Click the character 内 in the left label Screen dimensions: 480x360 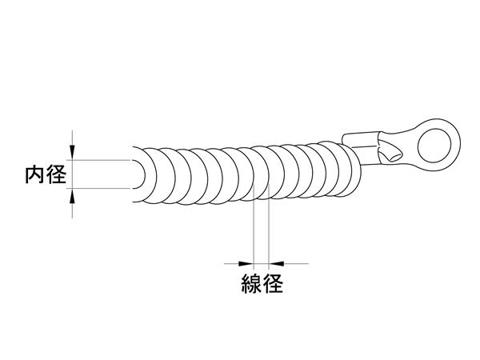(35, 174)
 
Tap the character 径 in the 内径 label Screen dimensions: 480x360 (56, 174)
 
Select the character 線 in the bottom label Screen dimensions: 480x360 (252, 283)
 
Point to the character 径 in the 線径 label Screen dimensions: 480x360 (273, 283)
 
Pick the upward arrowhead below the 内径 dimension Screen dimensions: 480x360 (72, 196)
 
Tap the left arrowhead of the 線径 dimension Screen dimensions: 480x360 (246, 263)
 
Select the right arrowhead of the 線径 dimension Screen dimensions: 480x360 (276, 263)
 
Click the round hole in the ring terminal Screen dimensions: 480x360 (434, 145)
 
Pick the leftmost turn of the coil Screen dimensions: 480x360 (150, 175)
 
